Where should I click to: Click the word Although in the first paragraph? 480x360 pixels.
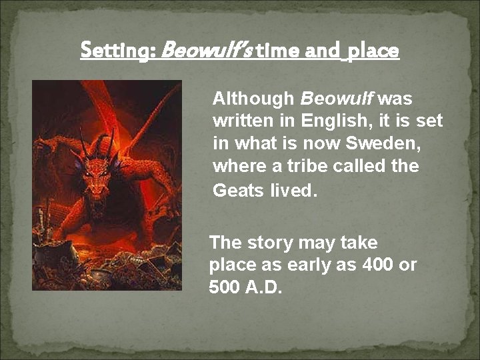[x=253, y=99]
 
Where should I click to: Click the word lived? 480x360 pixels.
[x=293, y=191]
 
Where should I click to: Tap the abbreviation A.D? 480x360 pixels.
[x=264, y=288]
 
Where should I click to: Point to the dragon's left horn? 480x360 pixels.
[x=83, y=143]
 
